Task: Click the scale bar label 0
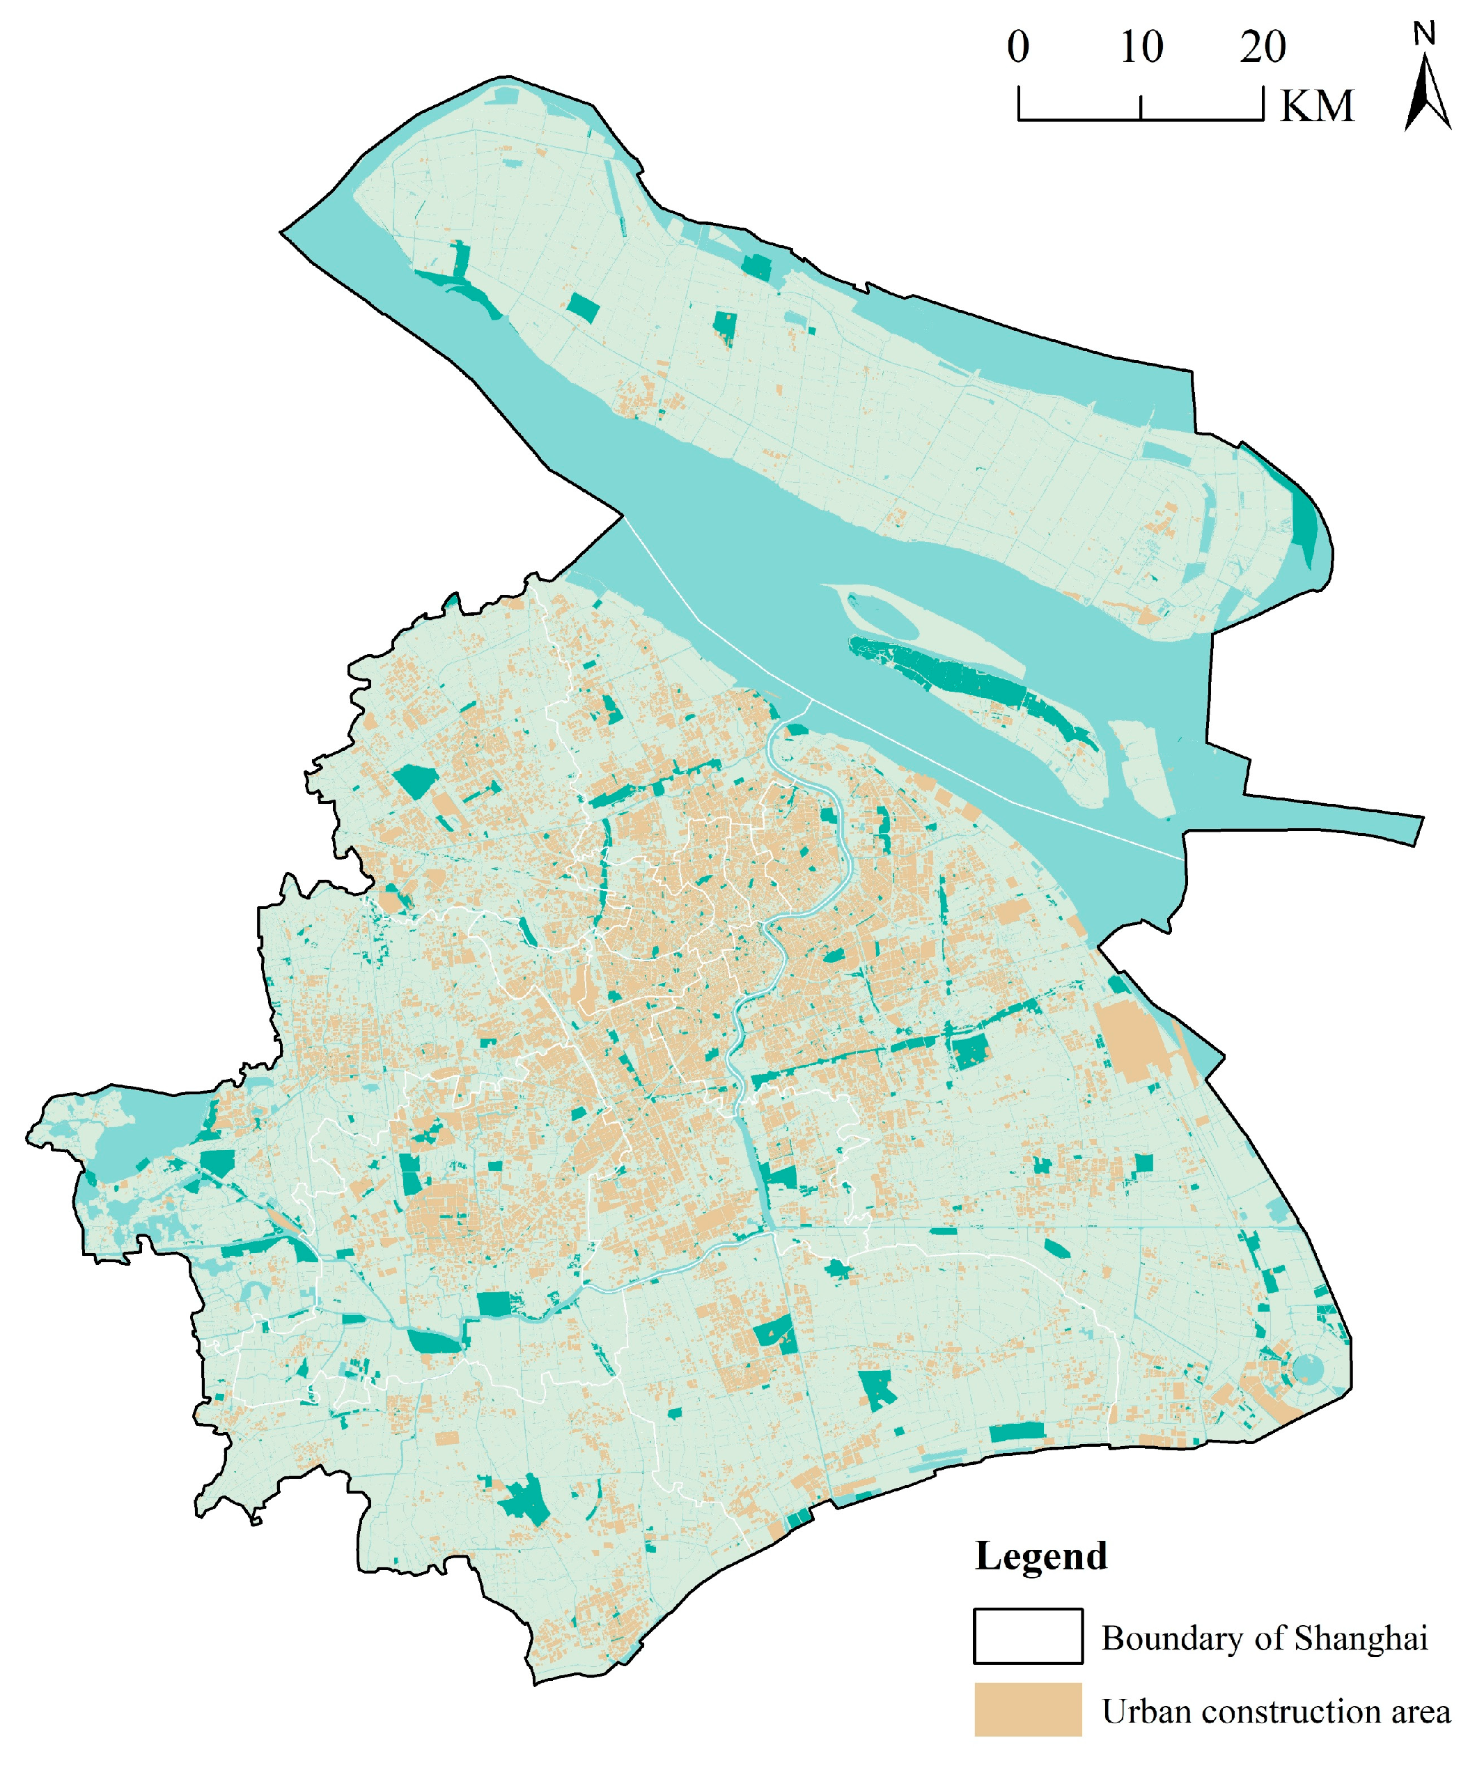pos(1017,47)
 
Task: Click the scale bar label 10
pos(1141,47)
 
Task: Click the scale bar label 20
pos(1263,47)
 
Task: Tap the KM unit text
pos(1316,107)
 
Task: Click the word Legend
pos(1040,1556)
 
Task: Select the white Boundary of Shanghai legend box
pos(1027,1636)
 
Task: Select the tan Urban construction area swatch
pos(1027,1709)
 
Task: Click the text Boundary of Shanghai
pos(1264,1638)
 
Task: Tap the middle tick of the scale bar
pos(1141,108)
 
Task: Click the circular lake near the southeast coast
pos(1307,1370)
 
